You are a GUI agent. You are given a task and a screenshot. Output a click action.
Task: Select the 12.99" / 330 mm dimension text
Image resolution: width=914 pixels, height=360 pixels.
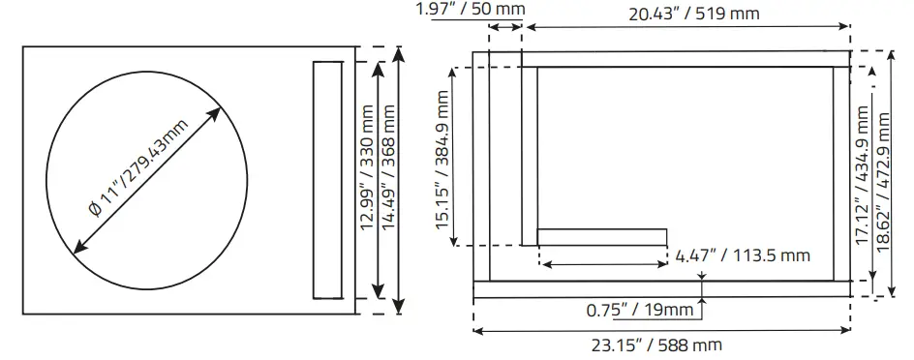coord(368,180)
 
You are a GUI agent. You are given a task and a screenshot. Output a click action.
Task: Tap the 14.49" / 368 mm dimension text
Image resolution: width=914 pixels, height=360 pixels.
coord(390,180)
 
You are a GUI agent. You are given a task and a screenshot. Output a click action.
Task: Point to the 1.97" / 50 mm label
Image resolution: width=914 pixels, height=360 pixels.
coord(471,10)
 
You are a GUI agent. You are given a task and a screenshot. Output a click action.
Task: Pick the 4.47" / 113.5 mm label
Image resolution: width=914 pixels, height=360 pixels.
coord(743,255)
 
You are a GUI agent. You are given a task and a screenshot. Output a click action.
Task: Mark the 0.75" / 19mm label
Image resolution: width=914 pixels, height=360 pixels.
coord(640,312)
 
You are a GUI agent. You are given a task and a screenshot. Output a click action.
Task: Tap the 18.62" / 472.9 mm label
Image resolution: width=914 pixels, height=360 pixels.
coord(883,180)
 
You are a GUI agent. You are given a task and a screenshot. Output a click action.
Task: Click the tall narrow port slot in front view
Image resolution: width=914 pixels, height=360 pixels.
coord(327,180)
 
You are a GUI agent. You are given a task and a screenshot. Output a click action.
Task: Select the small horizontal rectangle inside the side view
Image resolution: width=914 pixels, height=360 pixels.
coord(602,237)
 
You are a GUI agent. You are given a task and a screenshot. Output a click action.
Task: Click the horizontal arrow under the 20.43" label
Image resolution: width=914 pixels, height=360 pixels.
coord(685,29)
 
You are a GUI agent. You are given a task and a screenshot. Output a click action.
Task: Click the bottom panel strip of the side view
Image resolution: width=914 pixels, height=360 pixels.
coord(662,289)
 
